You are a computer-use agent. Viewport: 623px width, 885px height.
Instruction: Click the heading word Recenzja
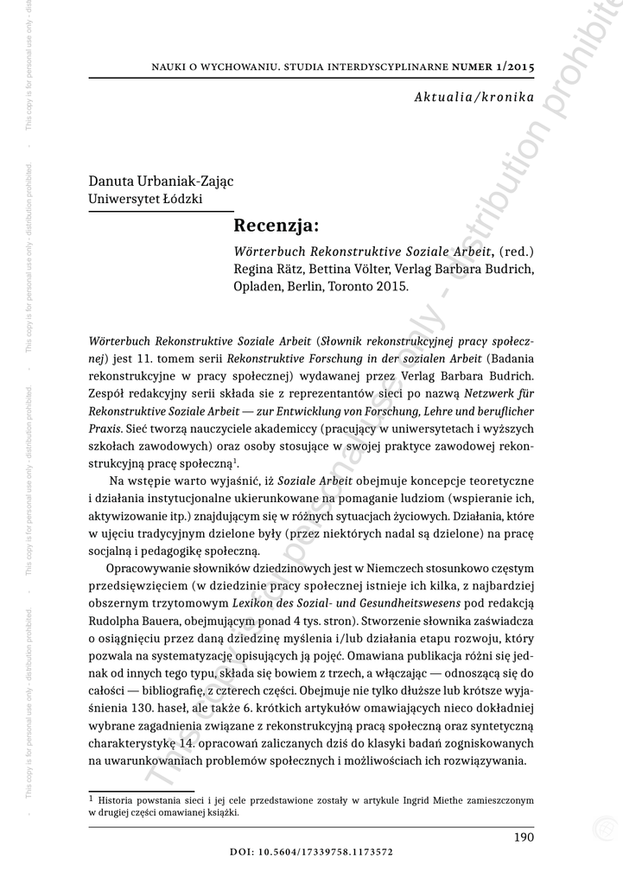pyautogui.click(x=277, y=226)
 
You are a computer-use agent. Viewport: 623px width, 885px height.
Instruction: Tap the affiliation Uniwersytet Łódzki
pyautogui.click(x=145, y=199)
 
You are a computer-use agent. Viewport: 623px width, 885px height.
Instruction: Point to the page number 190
pyautogui.click(x=524, y=837)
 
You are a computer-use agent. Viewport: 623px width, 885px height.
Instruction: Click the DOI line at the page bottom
pyautogui.click(x=312, y=851)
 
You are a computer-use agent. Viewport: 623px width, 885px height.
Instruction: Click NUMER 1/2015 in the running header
pyautogui.click(x=489, y=66)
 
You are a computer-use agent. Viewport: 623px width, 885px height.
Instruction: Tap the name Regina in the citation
pyautogui.click(x=255, y=269)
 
